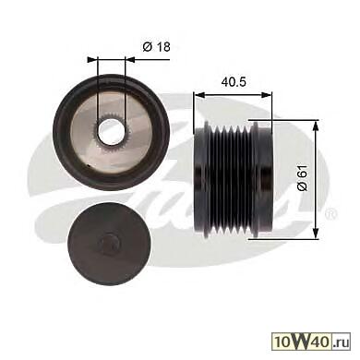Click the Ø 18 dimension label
coord(156,47)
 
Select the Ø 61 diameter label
coord(303,178)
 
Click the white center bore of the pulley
coord(111,132)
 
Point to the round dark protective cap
coord(109,241)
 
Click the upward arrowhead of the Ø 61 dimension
coord(316,126)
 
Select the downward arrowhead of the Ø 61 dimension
coord(316,233)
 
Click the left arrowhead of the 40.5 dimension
coord(199,95)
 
